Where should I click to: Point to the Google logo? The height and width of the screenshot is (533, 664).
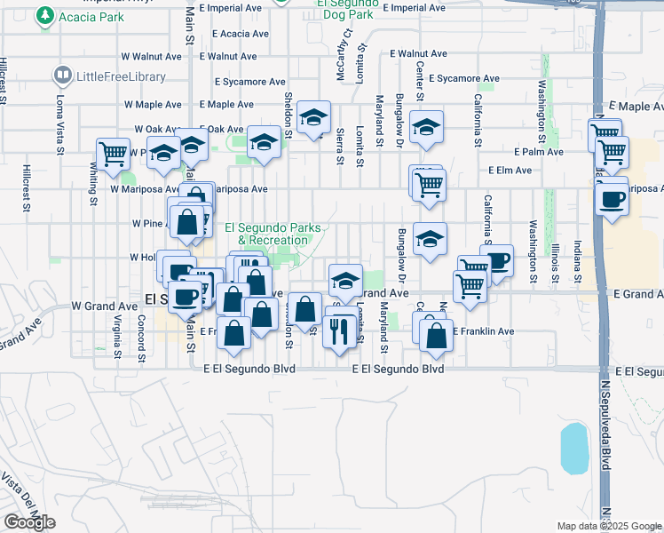(x=29, y=522)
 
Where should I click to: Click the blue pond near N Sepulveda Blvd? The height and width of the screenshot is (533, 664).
(x=574, y=448)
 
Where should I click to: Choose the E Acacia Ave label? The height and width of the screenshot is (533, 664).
(x=233, y=34)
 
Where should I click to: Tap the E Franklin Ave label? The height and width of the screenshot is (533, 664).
(x=484, y=331)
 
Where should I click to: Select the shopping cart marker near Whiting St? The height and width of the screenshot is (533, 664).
(x=114, y=154)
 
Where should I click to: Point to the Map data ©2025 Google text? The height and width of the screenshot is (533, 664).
(x=608, y=526)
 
